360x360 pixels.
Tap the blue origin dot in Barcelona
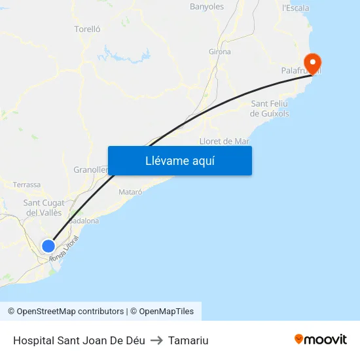48,246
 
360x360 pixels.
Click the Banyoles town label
206,7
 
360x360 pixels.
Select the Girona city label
219,52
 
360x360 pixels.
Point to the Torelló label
88,29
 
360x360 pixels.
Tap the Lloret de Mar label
224,141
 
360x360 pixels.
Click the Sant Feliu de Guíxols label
270,109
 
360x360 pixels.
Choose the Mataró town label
130,192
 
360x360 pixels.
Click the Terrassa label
27,185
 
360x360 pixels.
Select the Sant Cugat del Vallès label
44,207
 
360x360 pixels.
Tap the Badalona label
84,221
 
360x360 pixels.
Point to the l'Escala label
295,8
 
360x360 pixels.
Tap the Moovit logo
320,339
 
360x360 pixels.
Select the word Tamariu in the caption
188,340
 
